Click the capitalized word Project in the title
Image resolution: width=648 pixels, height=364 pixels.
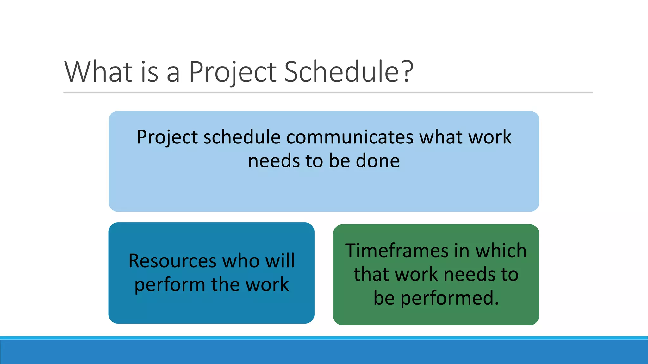click(232, 73)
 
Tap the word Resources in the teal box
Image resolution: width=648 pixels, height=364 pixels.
click(172, 261)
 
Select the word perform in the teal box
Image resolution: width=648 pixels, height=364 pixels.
click(170, 285)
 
